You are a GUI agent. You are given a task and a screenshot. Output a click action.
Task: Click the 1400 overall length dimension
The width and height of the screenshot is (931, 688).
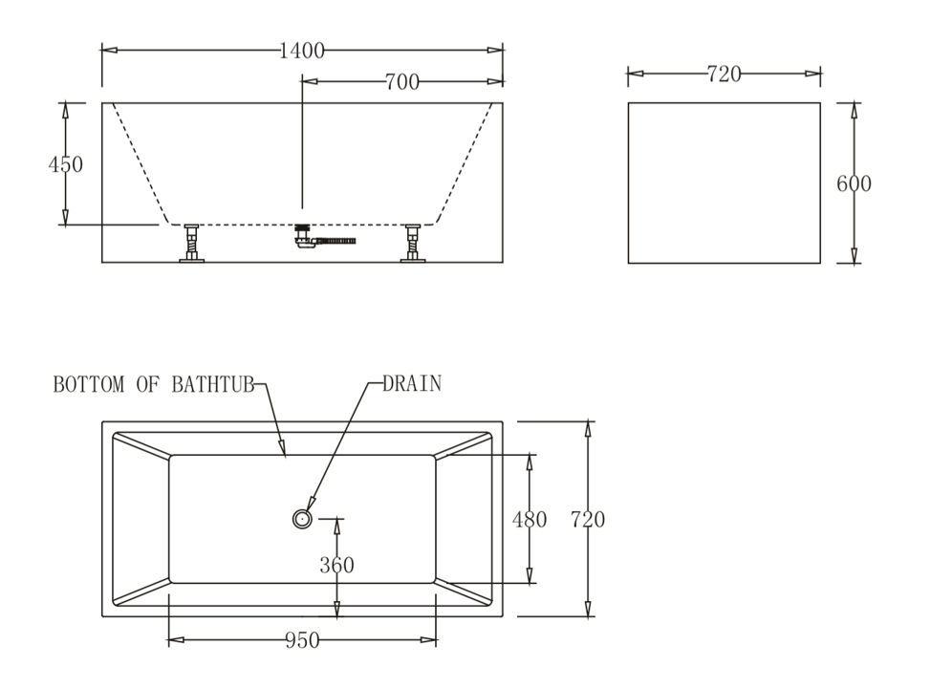(x=302, y=52)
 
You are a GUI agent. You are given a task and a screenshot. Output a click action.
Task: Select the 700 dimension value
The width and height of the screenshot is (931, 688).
(x=402, y=82)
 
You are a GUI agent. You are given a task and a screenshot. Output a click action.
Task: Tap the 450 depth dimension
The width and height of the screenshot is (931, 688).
(x=66, y=164)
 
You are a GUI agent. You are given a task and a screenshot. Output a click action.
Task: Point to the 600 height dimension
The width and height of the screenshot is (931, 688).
(x=854, y=183)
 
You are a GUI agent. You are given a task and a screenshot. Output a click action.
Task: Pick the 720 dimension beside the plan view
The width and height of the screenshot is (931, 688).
(x=587, y=520)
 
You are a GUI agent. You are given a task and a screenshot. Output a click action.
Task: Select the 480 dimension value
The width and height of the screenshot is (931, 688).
(x=530, y=520)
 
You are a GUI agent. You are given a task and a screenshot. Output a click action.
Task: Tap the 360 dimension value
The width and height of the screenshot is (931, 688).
(x=336, y=565)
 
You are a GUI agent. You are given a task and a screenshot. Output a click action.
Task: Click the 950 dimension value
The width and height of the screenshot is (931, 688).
(x=302, y=639)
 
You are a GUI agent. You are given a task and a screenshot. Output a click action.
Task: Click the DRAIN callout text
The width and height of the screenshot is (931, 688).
(x=412, y=385)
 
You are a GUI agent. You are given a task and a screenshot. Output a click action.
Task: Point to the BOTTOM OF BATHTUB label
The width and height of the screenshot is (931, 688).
(x=153, y=385)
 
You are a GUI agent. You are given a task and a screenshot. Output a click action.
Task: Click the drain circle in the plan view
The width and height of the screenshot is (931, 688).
(x=302, y=518)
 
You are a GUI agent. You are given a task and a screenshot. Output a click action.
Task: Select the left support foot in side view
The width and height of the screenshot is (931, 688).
(x=192, y=244)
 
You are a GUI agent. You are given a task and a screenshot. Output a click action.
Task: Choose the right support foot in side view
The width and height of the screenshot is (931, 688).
(x=413, y=244)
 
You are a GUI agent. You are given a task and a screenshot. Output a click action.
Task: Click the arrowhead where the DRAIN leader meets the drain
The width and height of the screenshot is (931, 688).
(x=310, y=505)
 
